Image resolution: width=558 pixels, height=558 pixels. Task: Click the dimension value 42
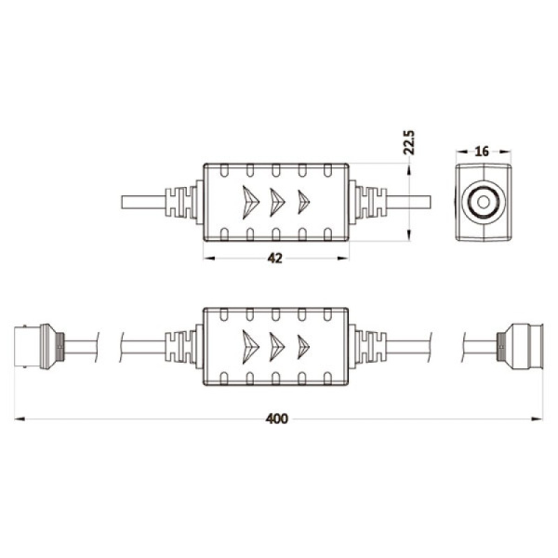[274, 259]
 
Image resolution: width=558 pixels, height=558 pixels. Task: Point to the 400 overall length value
[276, 418]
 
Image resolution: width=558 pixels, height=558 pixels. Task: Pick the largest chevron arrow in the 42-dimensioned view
[248, 202]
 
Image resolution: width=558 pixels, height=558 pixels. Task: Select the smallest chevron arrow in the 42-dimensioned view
[303, 202]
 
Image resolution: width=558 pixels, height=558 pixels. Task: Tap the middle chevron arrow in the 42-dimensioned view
[277, 202]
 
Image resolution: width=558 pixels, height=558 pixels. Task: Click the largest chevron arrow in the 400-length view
[248, 346]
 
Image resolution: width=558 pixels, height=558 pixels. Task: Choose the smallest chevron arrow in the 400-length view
[303, 346]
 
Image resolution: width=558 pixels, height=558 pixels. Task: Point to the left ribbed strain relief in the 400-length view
[183, 346]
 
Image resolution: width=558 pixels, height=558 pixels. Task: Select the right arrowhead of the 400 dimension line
[538, 419]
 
